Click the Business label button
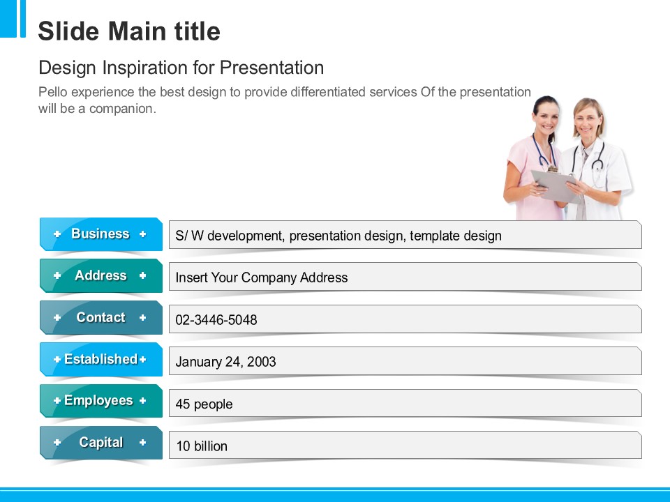coord(100,234)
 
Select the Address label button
coord(100,276)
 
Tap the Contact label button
coord(100,318)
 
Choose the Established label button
coord(100,360)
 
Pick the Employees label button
coord(100,401)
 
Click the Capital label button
coord(100,443)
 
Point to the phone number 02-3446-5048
coord(216,320)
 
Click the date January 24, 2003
coord(225,362)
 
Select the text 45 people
coord(204,404)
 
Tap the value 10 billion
coord(202,446)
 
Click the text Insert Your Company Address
coord(262,277)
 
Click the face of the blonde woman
coord(588,119)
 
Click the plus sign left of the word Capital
coord(57,443)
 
